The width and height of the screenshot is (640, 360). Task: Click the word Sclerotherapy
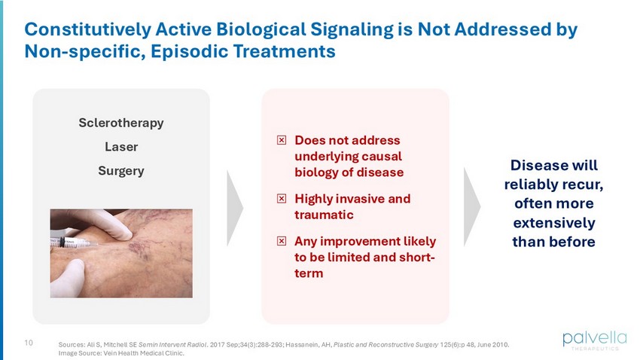coord(121,123)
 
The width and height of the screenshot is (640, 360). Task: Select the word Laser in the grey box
coord(121,147)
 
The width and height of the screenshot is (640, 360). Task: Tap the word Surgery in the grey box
coord(121,171)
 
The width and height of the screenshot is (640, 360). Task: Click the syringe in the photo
coord(74,243)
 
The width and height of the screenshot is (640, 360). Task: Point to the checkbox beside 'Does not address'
coord(282,140)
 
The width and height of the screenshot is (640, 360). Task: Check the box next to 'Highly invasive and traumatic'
coord(282,199)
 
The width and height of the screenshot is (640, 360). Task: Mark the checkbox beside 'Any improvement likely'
coord(282,241)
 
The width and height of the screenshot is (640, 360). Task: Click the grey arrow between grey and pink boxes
coord(235,208)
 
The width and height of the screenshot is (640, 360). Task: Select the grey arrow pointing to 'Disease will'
coord(471,207)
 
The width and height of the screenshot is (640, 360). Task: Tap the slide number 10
coord(29,343)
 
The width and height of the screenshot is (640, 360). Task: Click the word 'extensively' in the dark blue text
coord(554,223)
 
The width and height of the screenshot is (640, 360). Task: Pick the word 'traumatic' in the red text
coord(324,215)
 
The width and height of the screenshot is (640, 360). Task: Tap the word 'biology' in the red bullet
coord(317,172)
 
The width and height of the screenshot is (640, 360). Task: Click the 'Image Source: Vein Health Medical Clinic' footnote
coord(121,353)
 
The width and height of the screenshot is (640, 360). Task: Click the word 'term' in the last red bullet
coord(309,273)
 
